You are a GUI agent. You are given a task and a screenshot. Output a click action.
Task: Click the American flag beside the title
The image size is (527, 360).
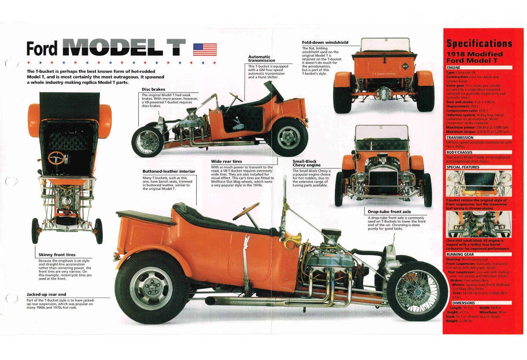pos(205,49)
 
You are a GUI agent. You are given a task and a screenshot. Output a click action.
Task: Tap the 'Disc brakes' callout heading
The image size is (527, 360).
pos(153,90)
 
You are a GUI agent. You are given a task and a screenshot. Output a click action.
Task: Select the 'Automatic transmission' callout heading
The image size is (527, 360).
pos(262,58)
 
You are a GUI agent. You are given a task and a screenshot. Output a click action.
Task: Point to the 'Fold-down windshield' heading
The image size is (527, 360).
pos(325,43)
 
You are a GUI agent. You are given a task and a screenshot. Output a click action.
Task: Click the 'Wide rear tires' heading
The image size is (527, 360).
pos(226,162)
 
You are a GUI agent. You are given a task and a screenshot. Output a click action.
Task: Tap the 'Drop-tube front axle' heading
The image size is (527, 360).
pos(389,212)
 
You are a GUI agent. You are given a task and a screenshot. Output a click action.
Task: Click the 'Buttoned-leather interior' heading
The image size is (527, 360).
pos(169,171)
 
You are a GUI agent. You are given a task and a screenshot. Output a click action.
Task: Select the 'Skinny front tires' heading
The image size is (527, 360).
pos(57,255)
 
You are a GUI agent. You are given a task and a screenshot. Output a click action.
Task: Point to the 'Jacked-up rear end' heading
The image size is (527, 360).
pos(46,294)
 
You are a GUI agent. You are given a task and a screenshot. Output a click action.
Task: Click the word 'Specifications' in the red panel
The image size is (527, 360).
pos(479,43)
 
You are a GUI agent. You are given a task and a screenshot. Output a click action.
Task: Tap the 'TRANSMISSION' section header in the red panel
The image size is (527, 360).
pos(459,138)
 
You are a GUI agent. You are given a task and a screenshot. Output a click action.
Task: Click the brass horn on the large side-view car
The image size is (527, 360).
pos(293,241)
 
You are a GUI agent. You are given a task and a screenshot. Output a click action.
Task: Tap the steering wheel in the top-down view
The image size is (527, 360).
pos(56,158)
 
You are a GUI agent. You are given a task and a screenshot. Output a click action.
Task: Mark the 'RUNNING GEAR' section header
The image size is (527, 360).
pos(460,254)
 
